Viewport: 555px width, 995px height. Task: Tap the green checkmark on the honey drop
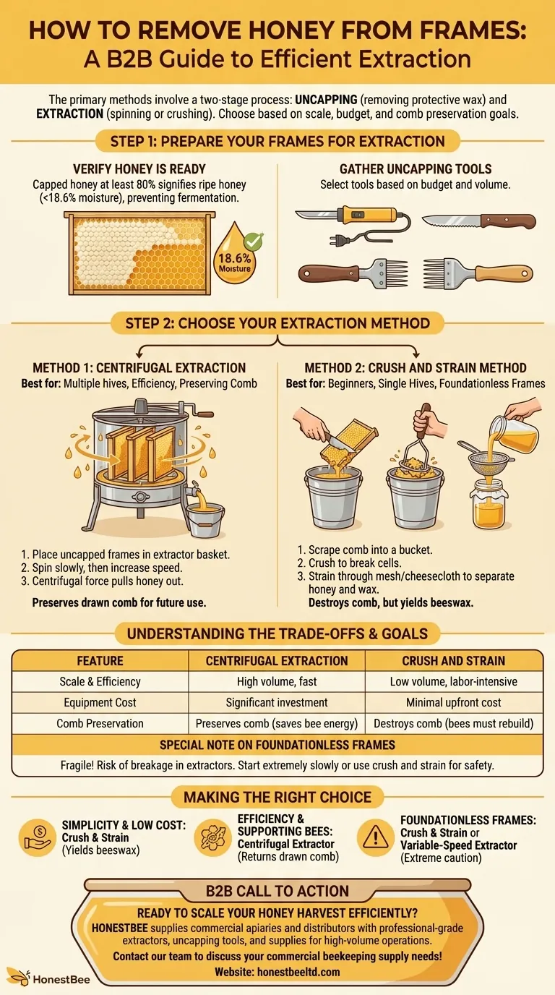click(254, 241)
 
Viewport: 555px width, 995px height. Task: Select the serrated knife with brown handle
click(478, 221)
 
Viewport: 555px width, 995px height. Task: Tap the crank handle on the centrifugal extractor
click(203, 414)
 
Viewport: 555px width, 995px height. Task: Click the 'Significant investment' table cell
click(277, 702)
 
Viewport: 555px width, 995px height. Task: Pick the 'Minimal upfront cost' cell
click(454, 702)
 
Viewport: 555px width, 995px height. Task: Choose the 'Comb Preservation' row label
click(100, 723)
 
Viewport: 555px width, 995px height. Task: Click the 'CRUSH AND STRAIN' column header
click(454, 660)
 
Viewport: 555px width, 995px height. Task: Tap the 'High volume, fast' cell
click(277, 681)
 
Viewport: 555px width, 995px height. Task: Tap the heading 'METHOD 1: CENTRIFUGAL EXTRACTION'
click(139, 368)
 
